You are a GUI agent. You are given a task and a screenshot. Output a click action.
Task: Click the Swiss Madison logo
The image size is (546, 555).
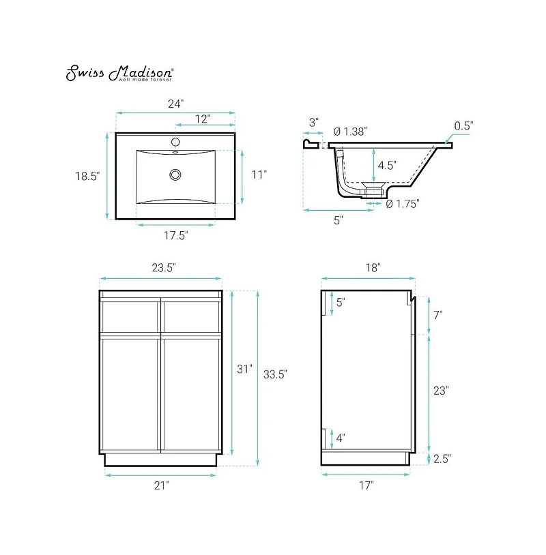[119, 73]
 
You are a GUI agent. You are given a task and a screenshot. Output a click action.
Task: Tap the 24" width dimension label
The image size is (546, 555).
[175, 104]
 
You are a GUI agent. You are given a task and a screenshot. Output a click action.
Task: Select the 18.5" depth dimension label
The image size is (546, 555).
[87, 176]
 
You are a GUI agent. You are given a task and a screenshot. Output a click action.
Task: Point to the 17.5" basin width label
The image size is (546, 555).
[175, 235]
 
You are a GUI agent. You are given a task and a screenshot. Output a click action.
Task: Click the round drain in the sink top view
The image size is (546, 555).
[175, 175]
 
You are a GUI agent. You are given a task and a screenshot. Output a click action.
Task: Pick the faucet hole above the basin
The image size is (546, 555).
[175, 142]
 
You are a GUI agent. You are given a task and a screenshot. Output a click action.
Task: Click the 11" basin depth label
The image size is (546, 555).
[259, 175]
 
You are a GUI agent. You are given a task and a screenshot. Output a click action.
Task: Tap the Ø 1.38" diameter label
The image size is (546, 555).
[350, 132]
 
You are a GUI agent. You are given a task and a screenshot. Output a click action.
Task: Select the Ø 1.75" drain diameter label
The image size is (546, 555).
[403, 204]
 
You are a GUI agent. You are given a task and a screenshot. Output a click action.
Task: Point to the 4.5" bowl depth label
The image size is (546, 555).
[387, 165]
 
